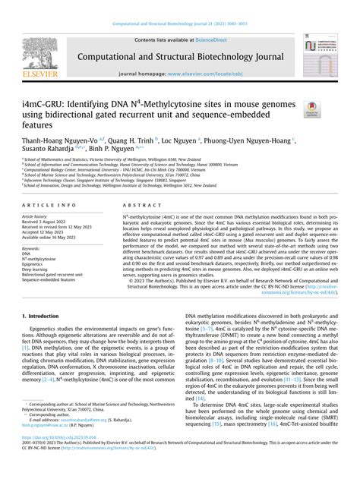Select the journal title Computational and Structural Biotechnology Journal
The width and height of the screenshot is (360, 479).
coord(180,55)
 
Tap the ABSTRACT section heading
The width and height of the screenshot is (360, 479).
coord(137,206)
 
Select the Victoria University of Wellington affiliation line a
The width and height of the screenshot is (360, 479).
coord(129,161)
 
